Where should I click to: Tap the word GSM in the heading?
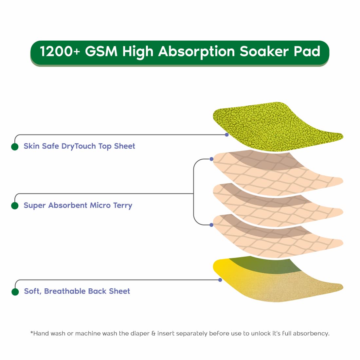pos(101,51)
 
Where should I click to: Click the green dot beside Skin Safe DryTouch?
pos(15,147)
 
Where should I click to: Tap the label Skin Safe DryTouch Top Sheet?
pos(79,146)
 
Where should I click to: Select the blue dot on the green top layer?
pos(226,135)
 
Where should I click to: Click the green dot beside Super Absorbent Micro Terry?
pos(15,206)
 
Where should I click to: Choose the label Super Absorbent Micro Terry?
pos(78,206)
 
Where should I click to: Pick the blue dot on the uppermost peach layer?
pos(211,159)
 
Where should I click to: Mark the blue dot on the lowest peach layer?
pos(211,225)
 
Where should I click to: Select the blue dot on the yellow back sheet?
pos(220,280)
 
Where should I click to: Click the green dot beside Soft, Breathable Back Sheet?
pos(15,292)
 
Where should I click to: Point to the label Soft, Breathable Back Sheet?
pos(77,291)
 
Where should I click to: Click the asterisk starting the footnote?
pos(32,332)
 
